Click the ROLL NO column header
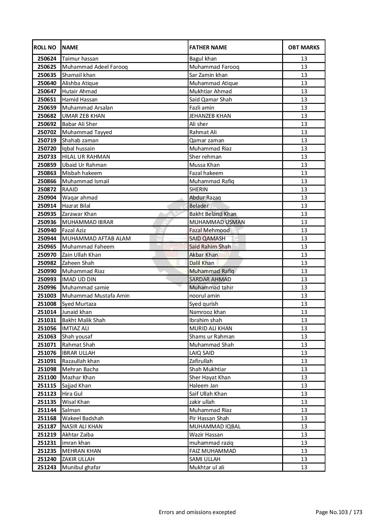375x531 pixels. click(45, 48)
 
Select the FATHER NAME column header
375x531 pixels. click(208, 48)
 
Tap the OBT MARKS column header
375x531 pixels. click(304, 48)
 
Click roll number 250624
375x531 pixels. click(47, 59)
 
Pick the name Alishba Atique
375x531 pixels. click(80, 83)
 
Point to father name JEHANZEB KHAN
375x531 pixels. click(210, 116)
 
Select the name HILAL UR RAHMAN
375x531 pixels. click(86, 157)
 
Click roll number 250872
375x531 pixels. click(47, 190)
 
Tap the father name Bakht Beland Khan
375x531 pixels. click(213, 214)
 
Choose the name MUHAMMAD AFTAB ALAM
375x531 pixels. click(96, 239)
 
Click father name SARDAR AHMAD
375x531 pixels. click(210, 279)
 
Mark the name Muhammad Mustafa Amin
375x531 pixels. click(96, 296)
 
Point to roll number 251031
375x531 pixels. click(47, 320)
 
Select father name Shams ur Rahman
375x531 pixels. click(212, 337)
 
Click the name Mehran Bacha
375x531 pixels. click(80, 369)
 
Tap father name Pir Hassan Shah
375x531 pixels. click(209, 418)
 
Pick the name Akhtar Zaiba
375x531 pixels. click(78, 435)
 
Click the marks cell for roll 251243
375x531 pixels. click(304, 467)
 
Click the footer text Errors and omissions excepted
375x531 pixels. click(197, 512)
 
